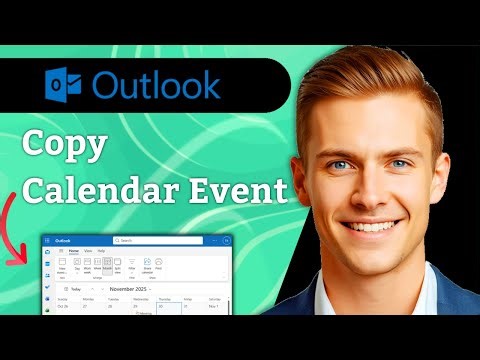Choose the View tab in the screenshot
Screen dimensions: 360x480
pyautogui.click(x=87, y=252)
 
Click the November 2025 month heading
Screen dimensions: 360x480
pyautogui.click(x=128, y=287)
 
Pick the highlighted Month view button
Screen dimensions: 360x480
pyautogui.click(x=108, y=264)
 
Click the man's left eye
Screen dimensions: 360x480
pyautogui.click(x=401, y=164)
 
